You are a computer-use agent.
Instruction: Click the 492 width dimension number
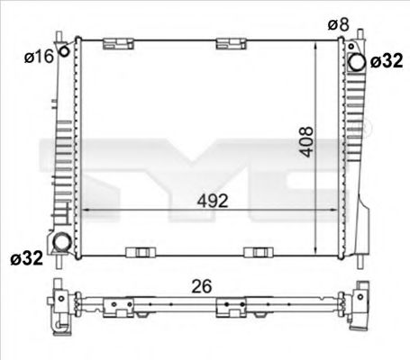213,201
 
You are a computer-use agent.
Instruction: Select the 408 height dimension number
307,142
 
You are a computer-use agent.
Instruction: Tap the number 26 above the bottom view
202,286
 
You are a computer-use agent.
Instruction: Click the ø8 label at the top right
339,24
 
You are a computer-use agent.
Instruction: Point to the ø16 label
39,57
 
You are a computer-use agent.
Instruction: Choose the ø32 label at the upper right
387,61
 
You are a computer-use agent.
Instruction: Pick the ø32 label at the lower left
27,257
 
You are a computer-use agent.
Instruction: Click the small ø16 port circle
64,51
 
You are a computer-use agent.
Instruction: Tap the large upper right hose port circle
357,62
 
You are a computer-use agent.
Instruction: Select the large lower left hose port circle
62,242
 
